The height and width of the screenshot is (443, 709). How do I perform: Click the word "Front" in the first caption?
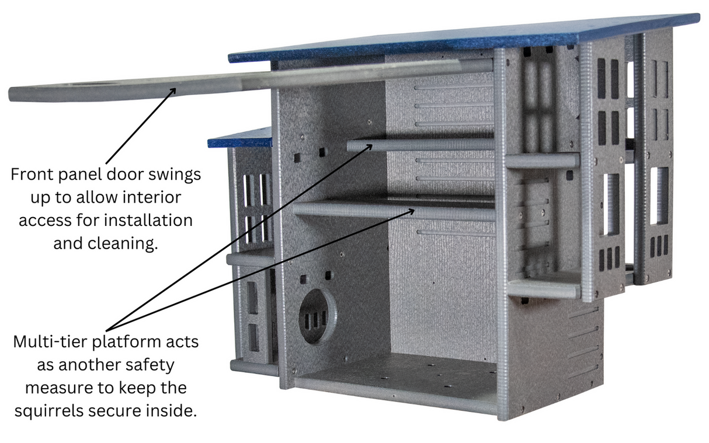coord(30,175)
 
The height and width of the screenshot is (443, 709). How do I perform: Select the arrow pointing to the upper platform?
coord(245,233)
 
